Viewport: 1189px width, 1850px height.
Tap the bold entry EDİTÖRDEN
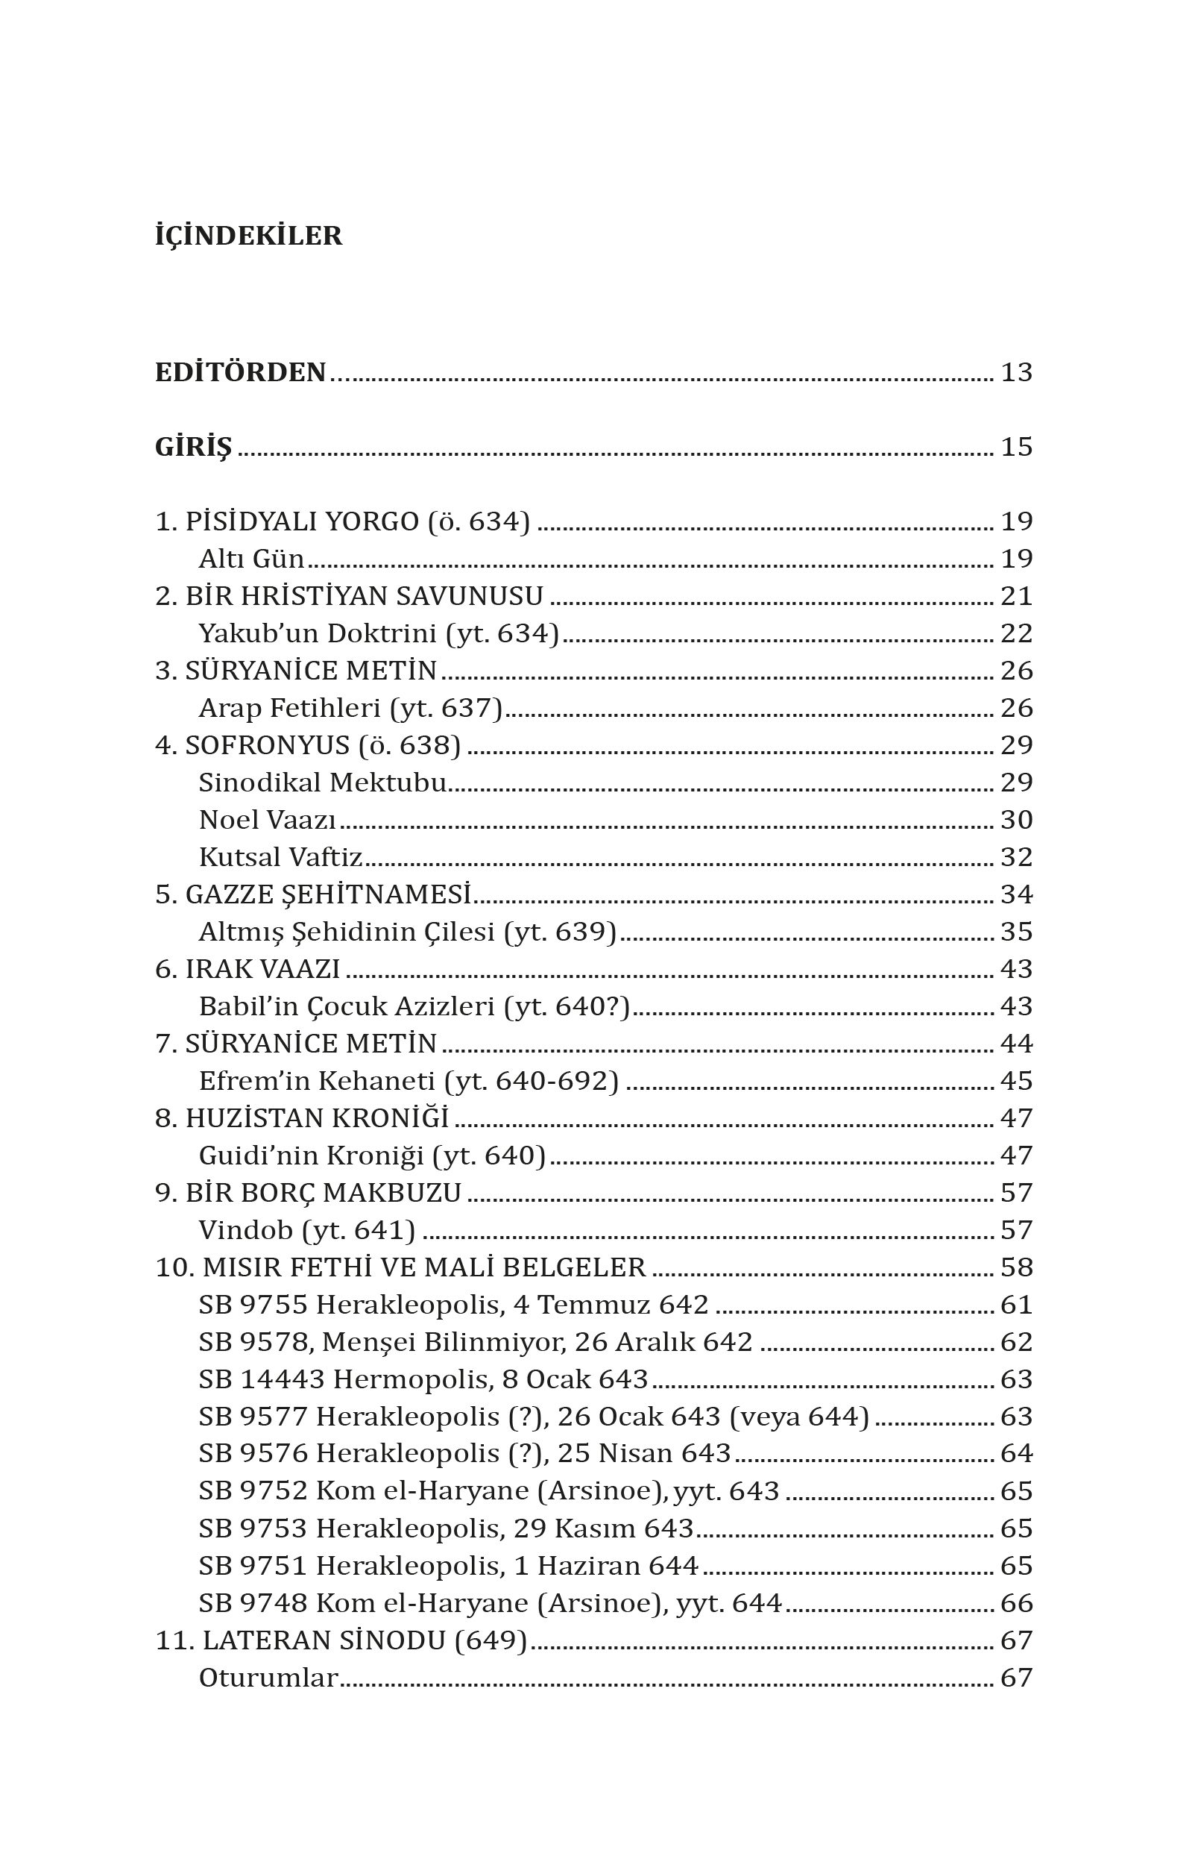click(x=240, y=372)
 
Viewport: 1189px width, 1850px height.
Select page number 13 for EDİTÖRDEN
click(x=1016, y=372)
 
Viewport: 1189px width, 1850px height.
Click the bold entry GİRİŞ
click(x=193, y=448)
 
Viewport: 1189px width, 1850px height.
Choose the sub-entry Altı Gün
click(x=251, y=559)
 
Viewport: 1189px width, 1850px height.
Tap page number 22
click(x=1016, y=633)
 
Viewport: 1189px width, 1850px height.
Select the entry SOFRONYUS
click(x=267, y=745)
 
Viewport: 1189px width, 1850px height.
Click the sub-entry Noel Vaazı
click(x=267, y=821)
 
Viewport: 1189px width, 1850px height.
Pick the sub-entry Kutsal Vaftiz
click(x=280, y=857)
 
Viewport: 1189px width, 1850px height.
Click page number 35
click(x=1016, y=932)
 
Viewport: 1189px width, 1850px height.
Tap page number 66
click(x=1016, y=1603)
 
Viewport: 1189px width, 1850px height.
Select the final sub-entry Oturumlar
click(x=268, y=1678)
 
